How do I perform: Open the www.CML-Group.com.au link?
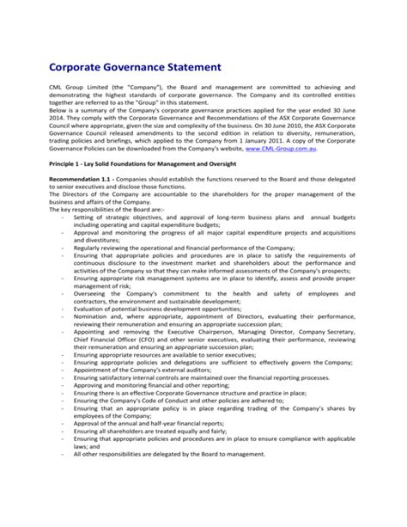(x=272, y=148)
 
